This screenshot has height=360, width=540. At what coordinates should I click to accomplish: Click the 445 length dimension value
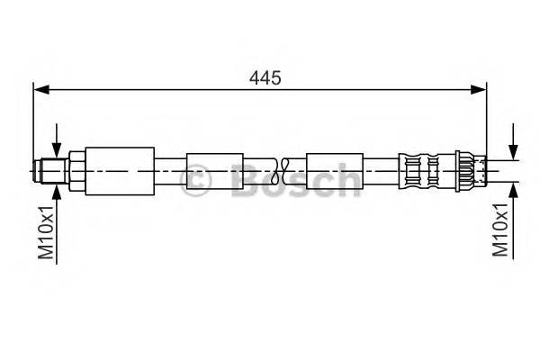pos(266,78)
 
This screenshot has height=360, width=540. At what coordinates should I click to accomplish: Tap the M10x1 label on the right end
pos(502,229)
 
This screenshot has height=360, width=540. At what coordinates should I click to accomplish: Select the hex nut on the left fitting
pos(75,170)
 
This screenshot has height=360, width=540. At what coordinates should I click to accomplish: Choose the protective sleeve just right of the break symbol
pos(335,169)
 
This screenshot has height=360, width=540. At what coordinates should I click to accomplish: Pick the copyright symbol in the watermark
pos(197,182)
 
